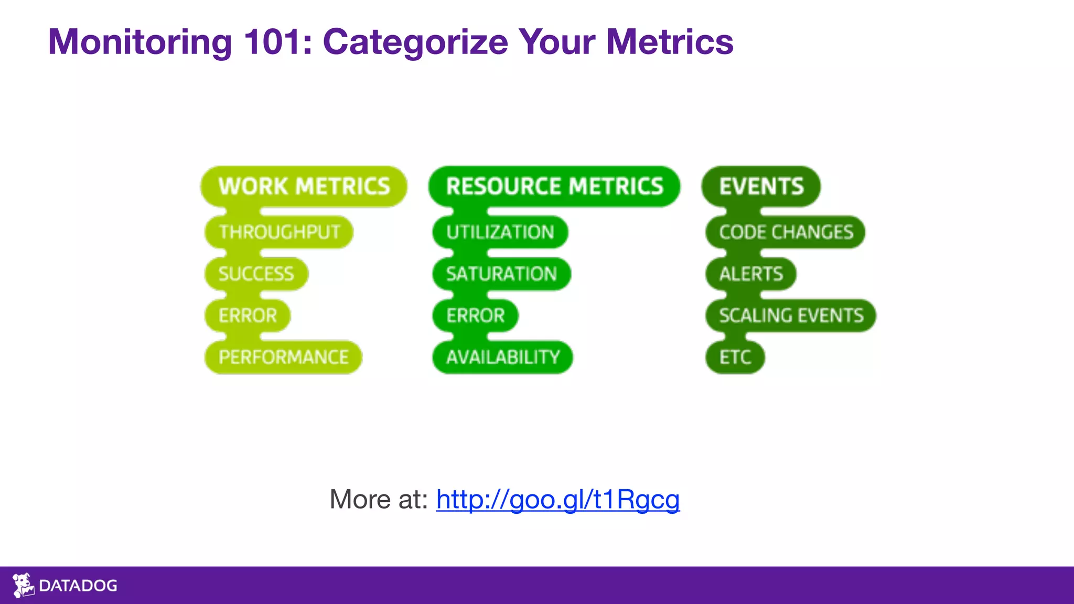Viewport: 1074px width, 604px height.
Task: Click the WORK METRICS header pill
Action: tap(304, 187)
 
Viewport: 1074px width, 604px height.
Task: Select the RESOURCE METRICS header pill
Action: tap(554, 187)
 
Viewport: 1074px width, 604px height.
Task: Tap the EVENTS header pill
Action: tap(761, 187)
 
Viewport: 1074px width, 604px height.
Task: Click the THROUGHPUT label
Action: tap(279, 232)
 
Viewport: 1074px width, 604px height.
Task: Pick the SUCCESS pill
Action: tap(256, 274)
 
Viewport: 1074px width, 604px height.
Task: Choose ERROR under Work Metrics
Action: tap(248, 316)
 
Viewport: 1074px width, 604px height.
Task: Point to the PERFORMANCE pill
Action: tap(283, 358)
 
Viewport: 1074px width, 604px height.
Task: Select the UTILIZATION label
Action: tap(500, 232)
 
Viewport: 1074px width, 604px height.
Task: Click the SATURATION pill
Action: tap(501, 274)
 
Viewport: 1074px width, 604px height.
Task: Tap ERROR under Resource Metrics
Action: tap(475, 316)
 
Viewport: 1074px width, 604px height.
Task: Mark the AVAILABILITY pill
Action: tap(503, 358)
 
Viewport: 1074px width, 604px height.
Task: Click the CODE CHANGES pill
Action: tap(786, 232)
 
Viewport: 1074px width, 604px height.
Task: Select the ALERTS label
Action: tap(751, 274)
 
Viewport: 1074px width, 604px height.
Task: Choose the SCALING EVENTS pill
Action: tap(791, 316)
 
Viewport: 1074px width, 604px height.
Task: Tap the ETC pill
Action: tap(735, 358)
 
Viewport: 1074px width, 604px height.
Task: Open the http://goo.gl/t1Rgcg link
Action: tap(557, 499)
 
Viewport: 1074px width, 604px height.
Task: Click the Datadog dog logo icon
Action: tap(23, 585)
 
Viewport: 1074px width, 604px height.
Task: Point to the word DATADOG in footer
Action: tap(78, 586)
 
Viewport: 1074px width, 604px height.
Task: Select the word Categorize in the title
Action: tap(415, 42)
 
